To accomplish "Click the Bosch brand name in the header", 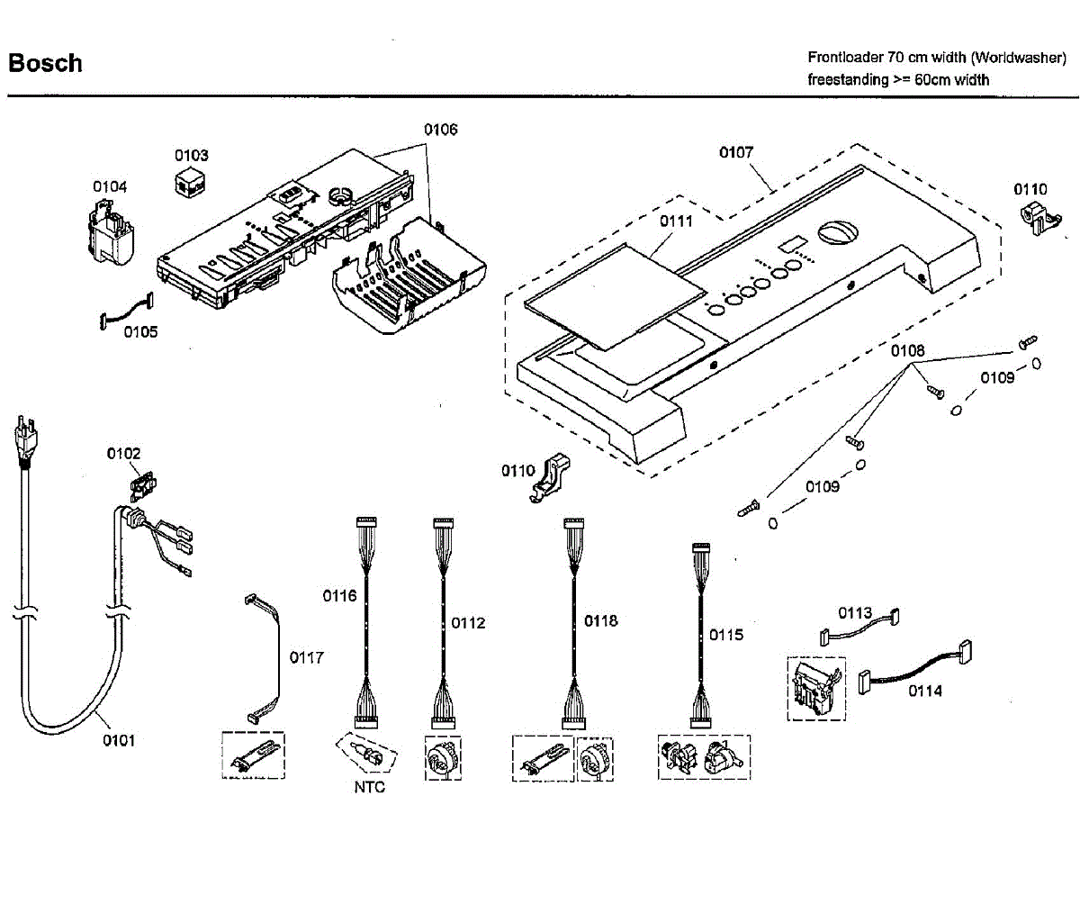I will pyautogui.click(x=45, y=63).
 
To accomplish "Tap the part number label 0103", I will pyautogui.click(x=191, y=155).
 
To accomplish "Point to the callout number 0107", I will pyautogui.click(x=735, y=152).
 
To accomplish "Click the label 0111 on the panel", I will pyautogui.click(x=676, y=221).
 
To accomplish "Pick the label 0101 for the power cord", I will pyautogui.click(x=118, y=740).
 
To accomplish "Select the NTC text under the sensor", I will pyautogui.click(x=369, y=787).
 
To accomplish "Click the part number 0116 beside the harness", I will pyautogui.click(x=339, y=595).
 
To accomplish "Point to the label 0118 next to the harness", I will pyautogui.click(x=600, y=620).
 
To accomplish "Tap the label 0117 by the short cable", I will pyautogui.click(x=306, y=657).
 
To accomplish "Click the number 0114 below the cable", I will pyautogui.click(x=925, y=691).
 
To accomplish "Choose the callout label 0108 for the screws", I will pyautogui.click(x=907, y=350).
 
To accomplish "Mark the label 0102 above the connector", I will pyautogui.click(x=123, y=453).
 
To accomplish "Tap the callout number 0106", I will pyautogui.click(x=441, y=129).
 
